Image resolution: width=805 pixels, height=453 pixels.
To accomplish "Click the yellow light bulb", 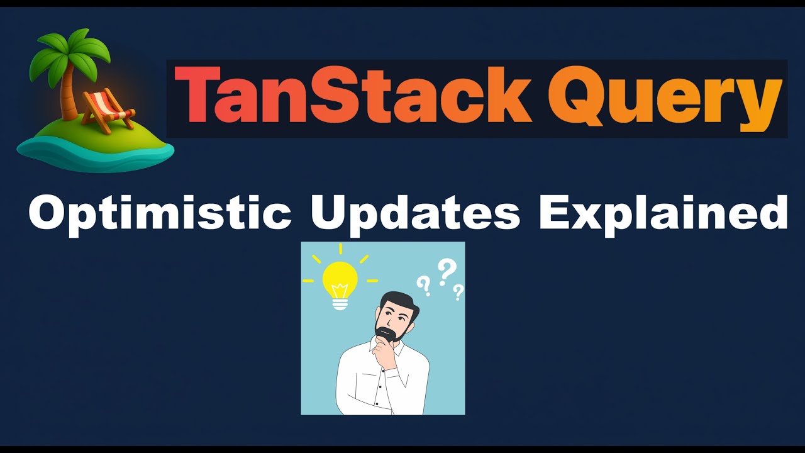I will tap(340, 278).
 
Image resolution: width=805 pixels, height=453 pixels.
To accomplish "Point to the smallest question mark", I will tap(458, 292).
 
